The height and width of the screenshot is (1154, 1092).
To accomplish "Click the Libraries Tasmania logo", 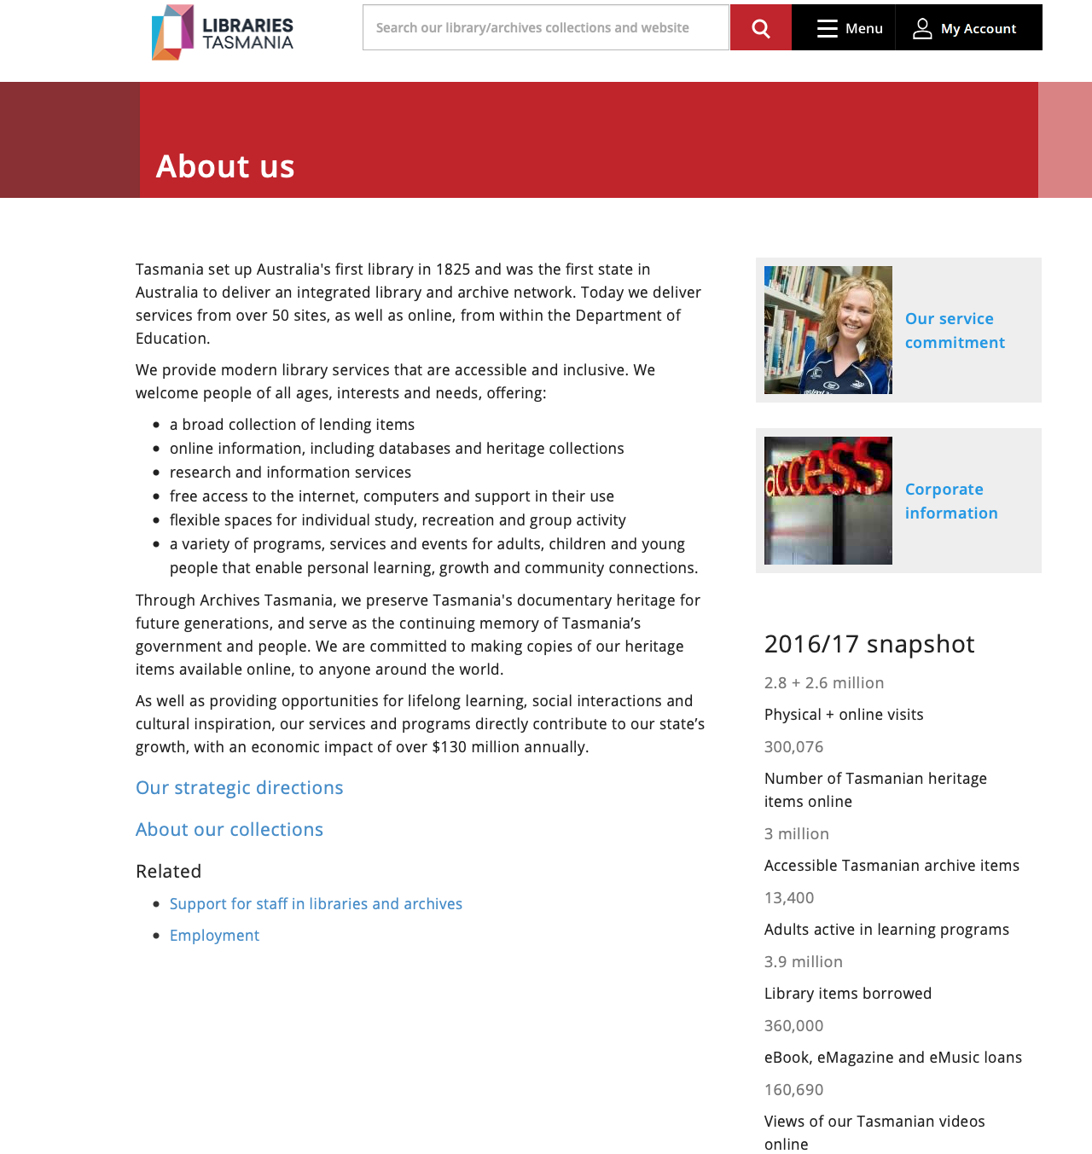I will pyautogui.click(x=222, y=32).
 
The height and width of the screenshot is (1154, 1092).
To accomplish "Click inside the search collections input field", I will pyautogui.click(x=545, y=27).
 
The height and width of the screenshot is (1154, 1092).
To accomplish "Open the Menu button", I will pyautogui.click(x=849, y=28).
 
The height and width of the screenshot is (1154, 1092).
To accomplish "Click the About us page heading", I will pyautogui.click(x=225, y=166).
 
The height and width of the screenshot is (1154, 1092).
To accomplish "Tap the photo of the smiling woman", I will pyautogui.click(x=828, y=330).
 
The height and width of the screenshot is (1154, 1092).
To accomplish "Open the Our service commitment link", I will pyautogui.click(x=954, y=330).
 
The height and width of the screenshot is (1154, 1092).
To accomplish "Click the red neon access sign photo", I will pyautogui.click(x=828, y=501).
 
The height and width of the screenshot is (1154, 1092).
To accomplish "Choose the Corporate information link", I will pyautogui.click(x=950, y=501).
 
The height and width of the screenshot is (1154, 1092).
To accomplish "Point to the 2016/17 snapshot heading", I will pyautogui.click(x=868, y=644).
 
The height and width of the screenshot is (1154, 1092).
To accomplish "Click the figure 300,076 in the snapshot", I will pyautogui.click(x=793, y=747).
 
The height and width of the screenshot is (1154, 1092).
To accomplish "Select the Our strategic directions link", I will pyautogui.click(x=239, y=788).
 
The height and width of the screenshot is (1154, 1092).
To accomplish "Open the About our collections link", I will pyautogui.click(x=229, y=830).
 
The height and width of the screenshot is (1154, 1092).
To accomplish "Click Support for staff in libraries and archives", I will pyautogui.click(x=316, y=904).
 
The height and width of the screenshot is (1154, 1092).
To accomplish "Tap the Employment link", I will pyautogui.click(x=214, y=936).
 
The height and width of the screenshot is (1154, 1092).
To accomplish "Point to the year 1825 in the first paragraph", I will pyautogui.click(x=452, y=270).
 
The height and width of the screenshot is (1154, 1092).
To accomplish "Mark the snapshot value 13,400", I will pyautogui.click(x=789, y=898).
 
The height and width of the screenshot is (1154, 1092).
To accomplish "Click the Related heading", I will pyautogui.click(x=168, y=872).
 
